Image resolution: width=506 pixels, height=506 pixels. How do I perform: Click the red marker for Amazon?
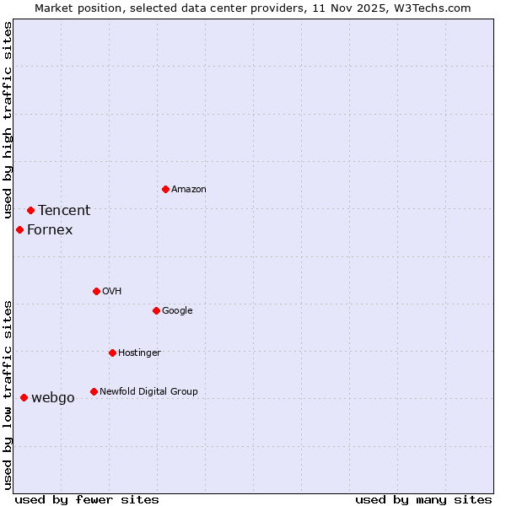165,189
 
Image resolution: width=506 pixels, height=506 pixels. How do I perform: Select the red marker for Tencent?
30,210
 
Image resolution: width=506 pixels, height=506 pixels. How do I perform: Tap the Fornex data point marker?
19,229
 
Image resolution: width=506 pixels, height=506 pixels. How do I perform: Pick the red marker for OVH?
96,291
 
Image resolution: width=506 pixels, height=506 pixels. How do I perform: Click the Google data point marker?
156,310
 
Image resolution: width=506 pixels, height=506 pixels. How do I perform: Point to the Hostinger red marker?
112,353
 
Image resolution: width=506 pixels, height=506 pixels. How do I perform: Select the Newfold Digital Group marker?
94,391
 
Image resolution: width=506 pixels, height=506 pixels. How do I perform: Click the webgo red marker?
24,397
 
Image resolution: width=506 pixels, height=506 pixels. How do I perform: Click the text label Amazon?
188,190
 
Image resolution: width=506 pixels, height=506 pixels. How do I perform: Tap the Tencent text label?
64,211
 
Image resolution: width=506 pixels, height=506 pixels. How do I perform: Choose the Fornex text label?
50,230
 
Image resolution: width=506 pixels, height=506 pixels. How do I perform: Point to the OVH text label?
111,292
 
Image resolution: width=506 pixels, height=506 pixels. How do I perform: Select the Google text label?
177,311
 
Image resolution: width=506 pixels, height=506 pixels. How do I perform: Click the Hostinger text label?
139,353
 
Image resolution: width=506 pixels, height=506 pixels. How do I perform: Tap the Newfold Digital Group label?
148,392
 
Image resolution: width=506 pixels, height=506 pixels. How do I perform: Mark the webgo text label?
52,398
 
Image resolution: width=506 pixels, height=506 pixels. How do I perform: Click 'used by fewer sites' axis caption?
87,499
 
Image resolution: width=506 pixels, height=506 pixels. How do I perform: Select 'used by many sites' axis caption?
423,499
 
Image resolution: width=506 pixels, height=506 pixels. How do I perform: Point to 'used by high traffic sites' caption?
8,121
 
